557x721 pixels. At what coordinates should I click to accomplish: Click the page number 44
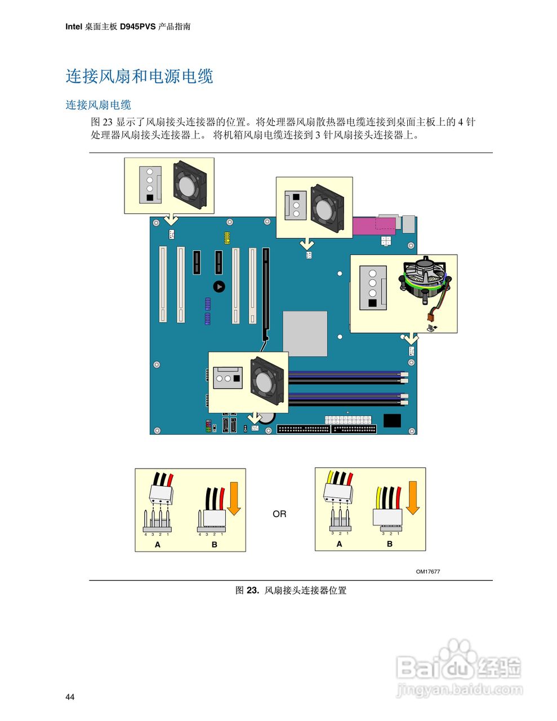pyautogui.click(x=70, y=697)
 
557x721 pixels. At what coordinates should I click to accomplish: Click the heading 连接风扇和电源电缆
pyautogui.click(x=139, y=76)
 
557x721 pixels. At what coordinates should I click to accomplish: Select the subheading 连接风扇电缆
pyautogui.click(x=98, y=105)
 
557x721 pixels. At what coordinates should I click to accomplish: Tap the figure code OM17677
pyautogui.click(x=427, y=572)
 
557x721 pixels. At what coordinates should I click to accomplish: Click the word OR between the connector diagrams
pyautogui.click(x=279, y=514)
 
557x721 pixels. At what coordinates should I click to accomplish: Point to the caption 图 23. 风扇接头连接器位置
pyautogui.click(x=291, y=590)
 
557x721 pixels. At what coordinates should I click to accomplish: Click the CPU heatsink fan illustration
pyautogui.click(x=423, y=281)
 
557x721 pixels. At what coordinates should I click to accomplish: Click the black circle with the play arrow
pyautogui.click(x=219, y=287)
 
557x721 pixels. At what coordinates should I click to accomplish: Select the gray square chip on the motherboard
pyautogui.click(x=305, y=333)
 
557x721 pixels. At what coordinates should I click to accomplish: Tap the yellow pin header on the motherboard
pyautogui.click(x=226, y=238)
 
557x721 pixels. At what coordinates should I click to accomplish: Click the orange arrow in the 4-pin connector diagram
pyautogui.click(x=234, y=498)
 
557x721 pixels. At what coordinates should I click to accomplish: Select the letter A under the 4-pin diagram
pyautogui.click(x=158, y=545)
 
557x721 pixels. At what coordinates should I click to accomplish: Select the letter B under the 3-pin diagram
pyautogui.click(x=390, y=544)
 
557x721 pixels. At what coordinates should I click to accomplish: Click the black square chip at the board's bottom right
pyautogui.click(x=391, y=420)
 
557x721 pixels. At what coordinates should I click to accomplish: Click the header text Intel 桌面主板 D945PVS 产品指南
pyautogui.click(x=128, y=26)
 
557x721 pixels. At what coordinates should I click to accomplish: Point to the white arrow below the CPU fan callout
pyautogui.click(x=412, y=339)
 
